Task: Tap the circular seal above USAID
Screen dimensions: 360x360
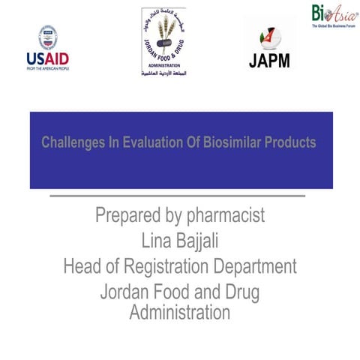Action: (48, 36)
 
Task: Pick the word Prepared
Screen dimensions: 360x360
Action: (128, 217)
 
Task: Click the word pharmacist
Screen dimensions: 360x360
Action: (224, 217)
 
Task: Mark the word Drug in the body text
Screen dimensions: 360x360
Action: (243, 291)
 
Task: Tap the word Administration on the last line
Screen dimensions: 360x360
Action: (180, 311)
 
